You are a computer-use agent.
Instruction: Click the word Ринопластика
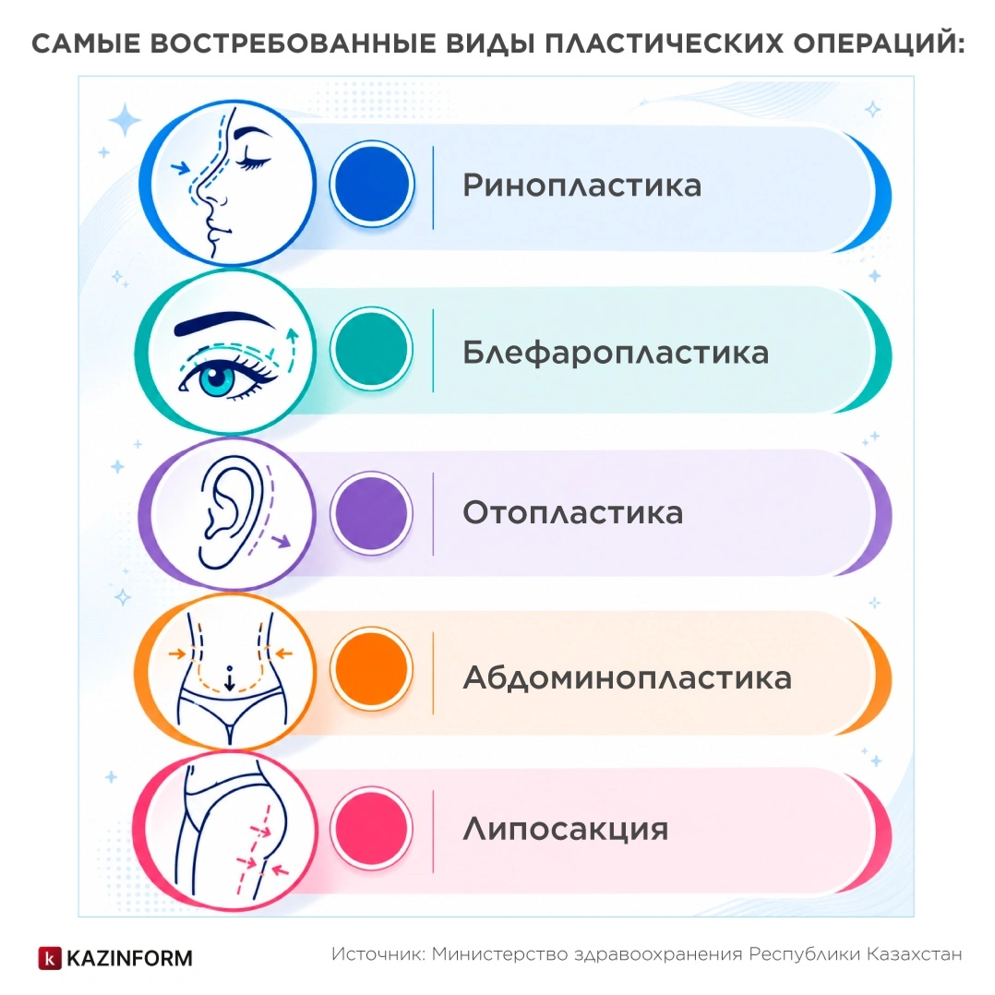click(581, 186)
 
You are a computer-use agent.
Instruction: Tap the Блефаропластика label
click(616, 353)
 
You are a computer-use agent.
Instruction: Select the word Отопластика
click(573, 513)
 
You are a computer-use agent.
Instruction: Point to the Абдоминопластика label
click(628, 677)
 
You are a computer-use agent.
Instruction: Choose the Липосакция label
click(566, 829)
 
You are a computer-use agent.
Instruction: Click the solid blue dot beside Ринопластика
click(372, 184)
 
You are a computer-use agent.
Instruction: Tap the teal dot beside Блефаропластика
click(371, 348)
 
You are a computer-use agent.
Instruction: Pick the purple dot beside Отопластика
click(371, 513)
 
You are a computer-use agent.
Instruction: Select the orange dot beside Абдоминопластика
click(371, 668)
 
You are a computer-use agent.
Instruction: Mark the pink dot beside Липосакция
click(371, 828)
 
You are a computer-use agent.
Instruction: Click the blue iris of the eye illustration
click(217, 378)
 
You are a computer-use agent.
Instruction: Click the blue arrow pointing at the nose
click(181, 168)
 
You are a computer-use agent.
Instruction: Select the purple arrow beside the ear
click(282, 541)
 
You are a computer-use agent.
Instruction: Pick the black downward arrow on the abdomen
click(230, 680)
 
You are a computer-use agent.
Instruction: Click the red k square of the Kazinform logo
click(50, 958)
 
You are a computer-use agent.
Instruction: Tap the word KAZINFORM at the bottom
click(129, 958)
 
